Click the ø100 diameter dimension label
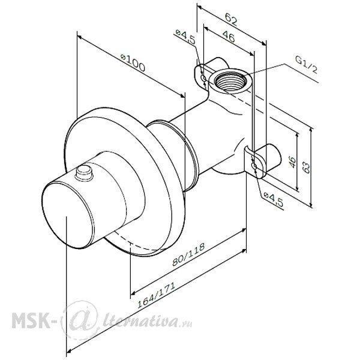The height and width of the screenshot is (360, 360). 133,62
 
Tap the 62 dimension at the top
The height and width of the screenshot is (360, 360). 231,19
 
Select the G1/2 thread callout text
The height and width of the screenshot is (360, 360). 307,65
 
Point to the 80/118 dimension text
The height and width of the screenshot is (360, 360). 188,254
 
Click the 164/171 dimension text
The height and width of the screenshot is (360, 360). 157,295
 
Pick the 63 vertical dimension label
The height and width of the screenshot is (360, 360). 306,167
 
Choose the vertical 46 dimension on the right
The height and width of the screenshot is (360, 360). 292,162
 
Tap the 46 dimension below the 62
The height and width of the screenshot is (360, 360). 229,37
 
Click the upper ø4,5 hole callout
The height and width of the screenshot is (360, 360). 185,37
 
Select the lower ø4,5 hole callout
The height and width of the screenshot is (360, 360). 273,199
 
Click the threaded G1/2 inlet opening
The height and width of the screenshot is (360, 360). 230,81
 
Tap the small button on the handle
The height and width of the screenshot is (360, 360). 84,173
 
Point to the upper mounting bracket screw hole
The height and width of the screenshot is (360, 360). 203,78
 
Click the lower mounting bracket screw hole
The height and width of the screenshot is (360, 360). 254,166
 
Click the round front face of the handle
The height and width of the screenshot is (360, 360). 68,215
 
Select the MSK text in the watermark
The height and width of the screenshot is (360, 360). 31,320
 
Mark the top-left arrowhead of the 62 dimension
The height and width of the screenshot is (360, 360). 200,7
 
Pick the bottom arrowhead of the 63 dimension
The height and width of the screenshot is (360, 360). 311,205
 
